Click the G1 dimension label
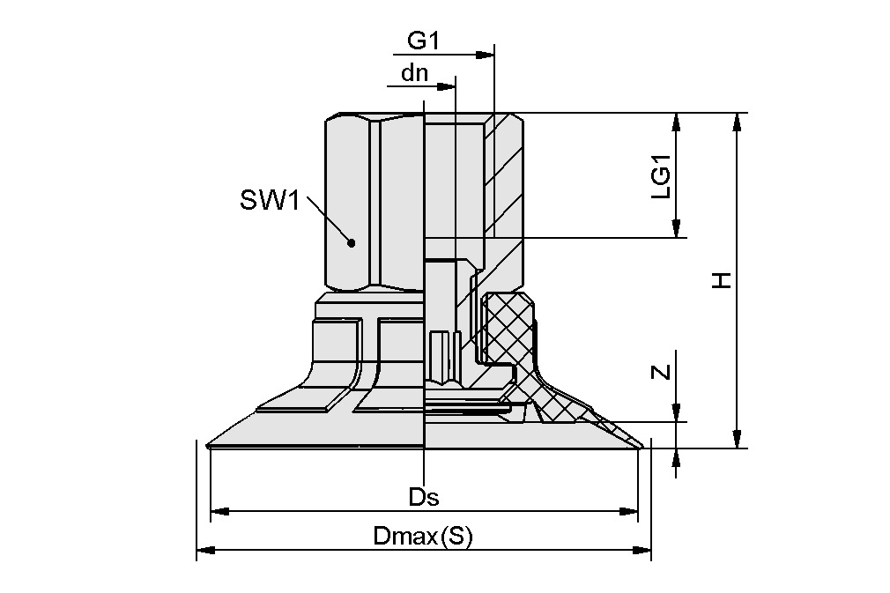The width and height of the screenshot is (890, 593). tap(424, 41)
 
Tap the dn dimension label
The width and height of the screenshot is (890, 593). tap(414, 73)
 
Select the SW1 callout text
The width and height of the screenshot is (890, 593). tap(269, 200)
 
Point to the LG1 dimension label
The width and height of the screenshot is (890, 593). tap(662, 176)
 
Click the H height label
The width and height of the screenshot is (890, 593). tap(723, 280)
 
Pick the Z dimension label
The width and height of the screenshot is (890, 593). tap(662, 372)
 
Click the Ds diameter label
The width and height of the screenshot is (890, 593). tap(424, 497)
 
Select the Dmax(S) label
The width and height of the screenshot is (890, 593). tap(422, 536)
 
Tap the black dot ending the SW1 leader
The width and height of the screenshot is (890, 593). tap(352, 243)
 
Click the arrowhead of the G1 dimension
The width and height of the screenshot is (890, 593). tap(485, 55)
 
